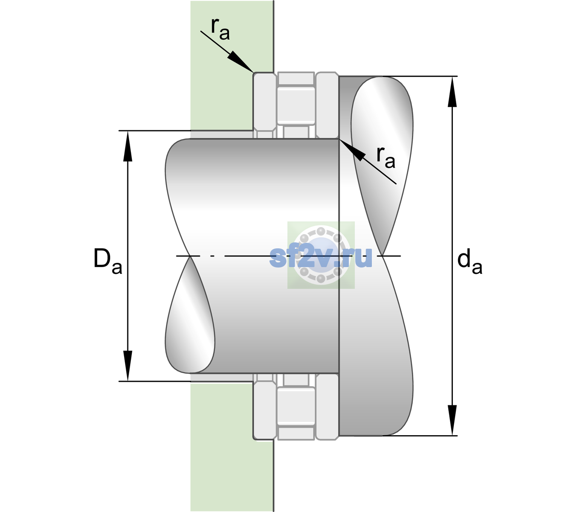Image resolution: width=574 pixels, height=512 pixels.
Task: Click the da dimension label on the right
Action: pyautogui.click(x=470, y=262)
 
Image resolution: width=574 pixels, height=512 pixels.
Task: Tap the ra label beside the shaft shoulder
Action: pyautogui.click(x=386, y=157)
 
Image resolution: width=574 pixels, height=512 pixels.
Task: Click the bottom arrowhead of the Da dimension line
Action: pyautogui.click(x=128, y=366)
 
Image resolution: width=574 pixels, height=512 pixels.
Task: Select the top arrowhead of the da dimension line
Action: pyautogui.click(x=452, y=92)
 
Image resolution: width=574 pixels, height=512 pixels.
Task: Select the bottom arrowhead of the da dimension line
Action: pyautogui.click(x=452, y=420)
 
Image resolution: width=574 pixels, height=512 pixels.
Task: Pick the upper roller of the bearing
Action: pyautogui.click(x=296, y=105)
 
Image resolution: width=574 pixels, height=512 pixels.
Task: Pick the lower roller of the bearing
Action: pyautogui.click(x=296, y=406)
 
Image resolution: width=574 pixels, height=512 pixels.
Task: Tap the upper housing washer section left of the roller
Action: pyautogui.click(x=264, y=105)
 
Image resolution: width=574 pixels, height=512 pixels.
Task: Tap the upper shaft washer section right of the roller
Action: pyautogui.click(x=327, y=105)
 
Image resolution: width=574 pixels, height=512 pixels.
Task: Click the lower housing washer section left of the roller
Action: pyautogui.click(x=264, y=407)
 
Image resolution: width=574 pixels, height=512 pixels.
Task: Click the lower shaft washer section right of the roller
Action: pyautogui.click(x=327, y=407)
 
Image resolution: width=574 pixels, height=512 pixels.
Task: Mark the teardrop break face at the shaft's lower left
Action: pyautogui.click(x=189, y=315)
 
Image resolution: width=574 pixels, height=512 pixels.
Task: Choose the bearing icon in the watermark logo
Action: pyautogui.click(x=321, y=255)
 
